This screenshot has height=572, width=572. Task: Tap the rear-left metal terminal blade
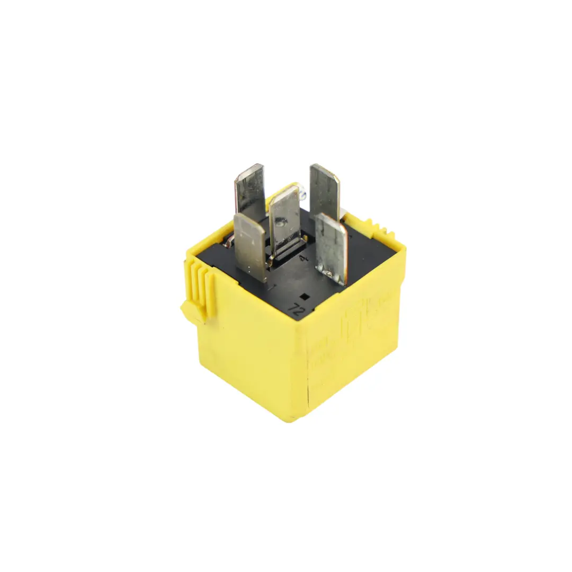tap(249, 191)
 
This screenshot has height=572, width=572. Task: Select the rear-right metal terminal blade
tap(325, 191)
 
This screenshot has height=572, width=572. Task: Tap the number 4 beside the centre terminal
tap(303, 258)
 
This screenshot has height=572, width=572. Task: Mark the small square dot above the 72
tap(304, 297)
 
